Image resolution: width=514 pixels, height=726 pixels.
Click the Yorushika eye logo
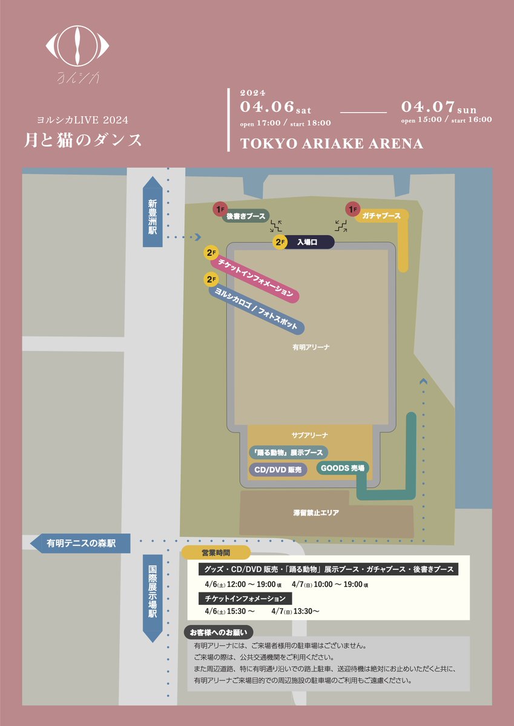click(x=79, y=45)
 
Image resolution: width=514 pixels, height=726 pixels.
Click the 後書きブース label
click(x=246, y=216)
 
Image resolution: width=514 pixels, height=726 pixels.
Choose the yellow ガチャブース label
click(x=381, y=216)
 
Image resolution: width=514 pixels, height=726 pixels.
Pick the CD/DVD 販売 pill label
click(x=278, y=469)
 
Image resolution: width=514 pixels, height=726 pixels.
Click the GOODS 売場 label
click(x=342, y=467)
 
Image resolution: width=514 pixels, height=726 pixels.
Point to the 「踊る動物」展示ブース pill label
click(x=288, y=453)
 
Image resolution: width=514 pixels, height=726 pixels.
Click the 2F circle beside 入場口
click(x=280, y=243)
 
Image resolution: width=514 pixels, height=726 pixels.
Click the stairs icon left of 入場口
click(x=276, y=226)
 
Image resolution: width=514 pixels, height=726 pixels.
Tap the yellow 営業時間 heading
click(x=217, y=552)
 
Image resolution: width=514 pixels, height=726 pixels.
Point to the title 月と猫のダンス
click(x=84, y=140)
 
